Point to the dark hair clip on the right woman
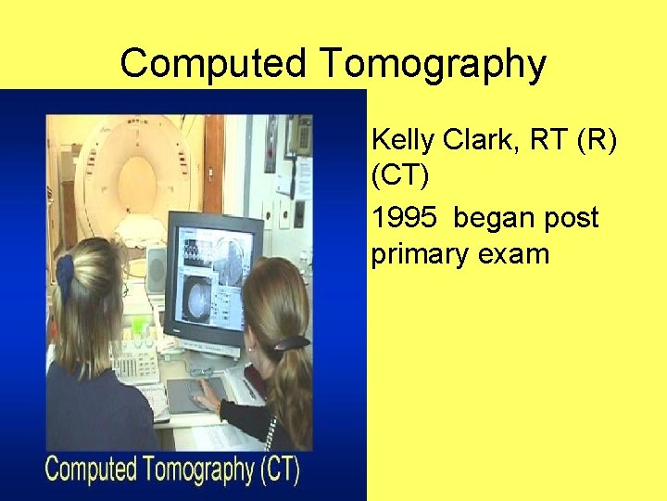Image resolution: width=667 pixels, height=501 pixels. (x=290, y=343)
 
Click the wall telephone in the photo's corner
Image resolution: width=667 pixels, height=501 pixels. (x=298, y=135)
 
